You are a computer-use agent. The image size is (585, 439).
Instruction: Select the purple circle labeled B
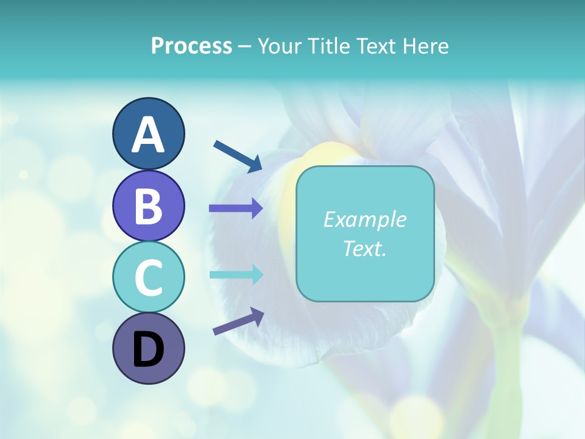(x=148, y=205)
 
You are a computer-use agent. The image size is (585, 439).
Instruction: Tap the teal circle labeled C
(x=148, y=277)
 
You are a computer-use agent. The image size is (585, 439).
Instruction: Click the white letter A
(x=148, y=135)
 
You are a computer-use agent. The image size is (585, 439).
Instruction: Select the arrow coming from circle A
(x=238, y=156)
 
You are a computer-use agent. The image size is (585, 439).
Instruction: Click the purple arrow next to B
(x=236, y=209)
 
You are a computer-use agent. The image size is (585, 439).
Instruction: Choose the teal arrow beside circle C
(x=236, y=274)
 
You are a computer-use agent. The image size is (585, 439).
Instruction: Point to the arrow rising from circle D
(x=238, y=321)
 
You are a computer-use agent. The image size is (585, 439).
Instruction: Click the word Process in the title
(x=191, y=46)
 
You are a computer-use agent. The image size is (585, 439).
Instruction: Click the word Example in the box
(x=364, y=220)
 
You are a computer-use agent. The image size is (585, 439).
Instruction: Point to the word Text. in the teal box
(x=364, y=248)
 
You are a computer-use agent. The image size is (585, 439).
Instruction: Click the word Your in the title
(x=278, y=46)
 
